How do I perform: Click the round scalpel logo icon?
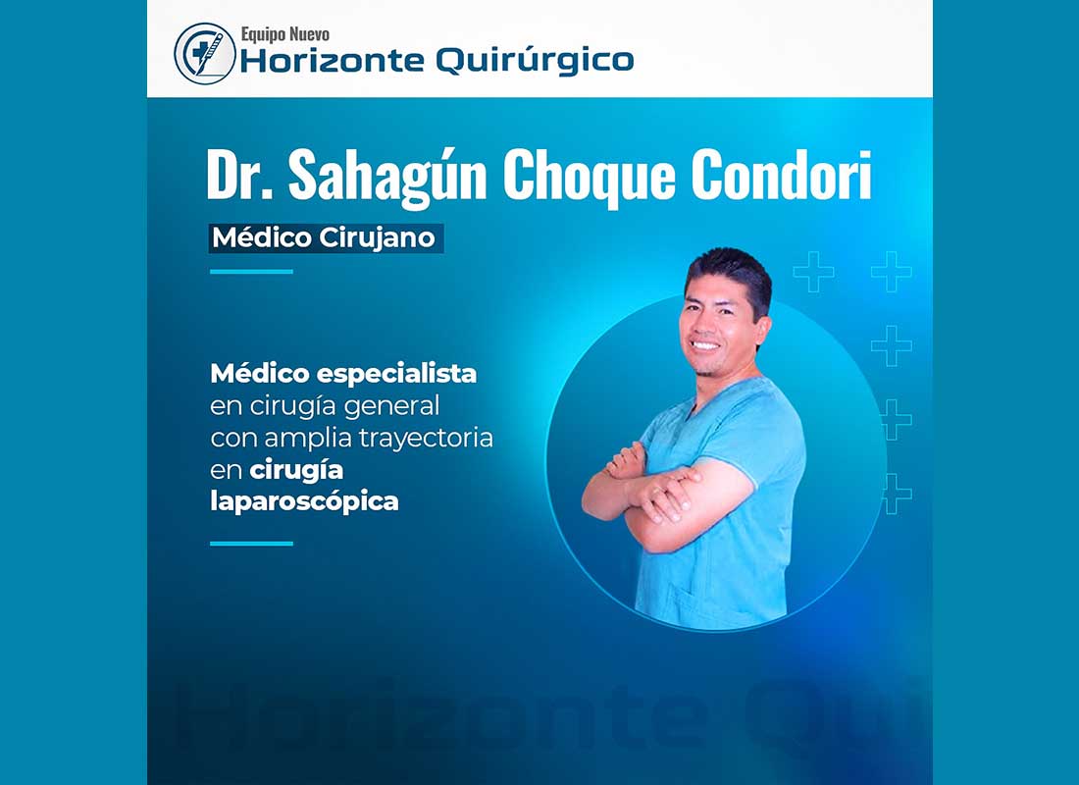205,54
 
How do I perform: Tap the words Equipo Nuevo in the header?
284,33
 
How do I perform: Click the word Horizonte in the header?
332,61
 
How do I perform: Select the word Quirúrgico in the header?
535,61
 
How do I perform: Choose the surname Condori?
782,175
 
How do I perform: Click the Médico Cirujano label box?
327,238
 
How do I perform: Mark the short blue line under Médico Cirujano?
251,272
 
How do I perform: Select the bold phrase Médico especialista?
343,374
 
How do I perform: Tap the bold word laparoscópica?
305,502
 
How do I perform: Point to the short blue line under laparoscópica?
251,544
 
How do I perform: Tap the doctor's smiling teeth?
704,344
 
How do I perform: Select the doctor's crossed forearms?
653,495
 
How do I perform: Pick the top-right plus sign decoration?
892,271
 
